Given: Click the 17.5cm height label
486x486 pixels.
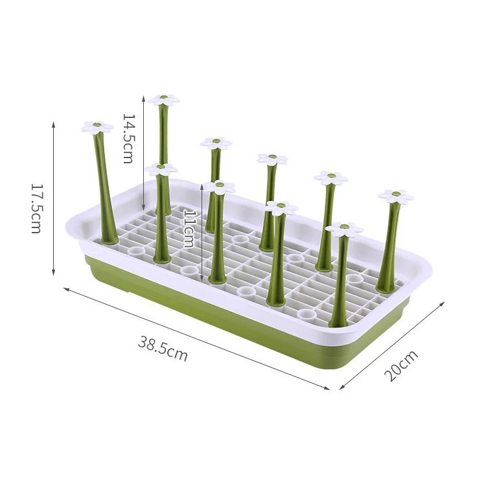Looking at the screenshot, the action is click(36, 208).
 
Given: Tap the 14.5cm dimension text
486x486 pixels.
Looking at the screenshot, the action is click(128, 139).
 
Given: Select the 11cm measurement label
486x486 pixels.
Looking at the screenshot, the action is click(189, 229).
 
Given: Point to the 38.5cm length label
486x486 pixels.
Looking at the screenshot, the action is click(163, 349).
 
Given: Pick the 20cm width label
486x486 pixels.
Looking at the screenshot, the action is click(400, 365).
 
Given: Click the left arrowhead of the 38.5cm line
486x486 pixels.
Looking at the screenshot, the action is click(65, 288).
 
